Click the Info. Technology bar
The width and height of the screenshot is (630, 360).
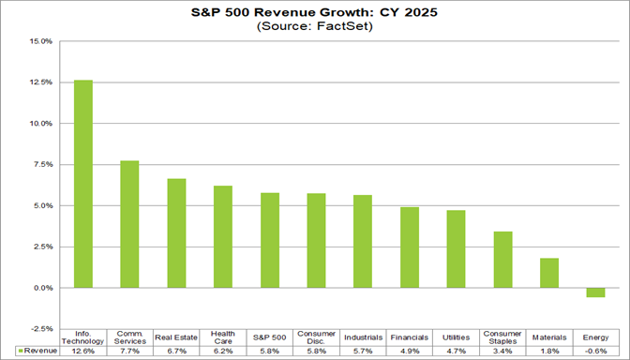pos(83,184)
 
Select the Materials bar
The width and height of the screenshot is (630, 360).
pos(548,273)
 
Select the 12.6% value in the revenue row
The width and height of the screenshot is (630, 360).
pos(83,352)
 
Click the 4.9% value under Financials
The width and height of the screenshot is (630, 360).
pos(409,352)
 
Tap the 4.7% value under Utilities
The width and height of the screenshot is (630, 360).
pos(456,352)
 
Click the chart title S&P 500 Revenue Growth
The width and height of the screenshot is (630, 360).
pos(316,14)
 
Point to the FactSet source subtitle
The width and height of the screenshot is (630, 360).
pos(316,28)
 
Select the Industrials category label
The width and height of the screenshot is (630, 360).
pos(363,337)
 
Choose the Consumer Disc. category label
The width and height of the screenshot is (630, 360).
pos(316,337)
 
